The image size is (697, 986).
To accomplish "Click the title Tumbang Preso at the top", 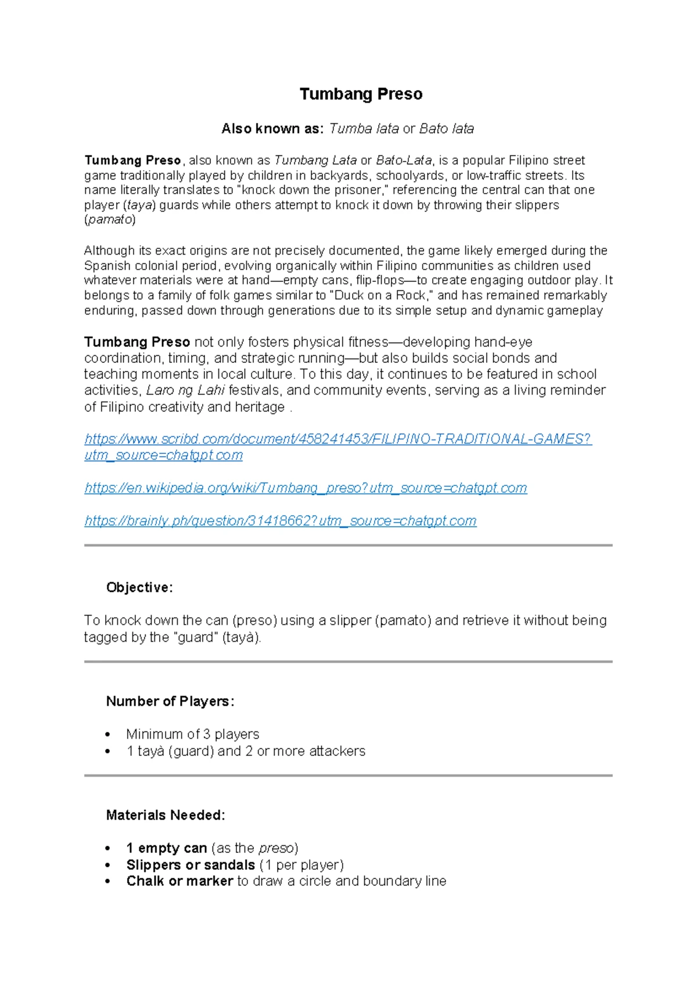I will [361, 94].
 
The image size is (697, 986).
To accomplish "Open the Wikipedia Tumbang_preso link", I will [306, 488].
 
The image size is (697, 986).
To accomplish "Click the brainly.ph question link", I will [281, 521].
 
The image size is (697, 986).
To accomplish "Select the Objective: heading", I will [139, 588].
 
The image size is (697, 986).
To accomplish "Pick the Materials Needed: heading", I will [166, 816].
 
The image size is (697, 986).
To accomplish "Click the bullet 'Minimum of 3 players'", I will [192, 734].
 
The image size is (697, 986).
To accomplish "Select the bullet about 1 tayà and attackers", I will [246, 751].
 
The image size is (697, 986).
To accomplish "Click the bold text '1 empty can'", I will [167, 848].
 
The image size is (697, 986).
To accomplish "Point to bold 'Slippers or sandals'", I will [191, 865].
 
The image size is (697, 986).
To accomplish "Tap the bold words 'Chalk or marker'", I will [179, 881].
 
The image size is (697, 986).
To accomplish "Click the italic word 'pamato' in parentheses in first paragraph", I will [110, 220].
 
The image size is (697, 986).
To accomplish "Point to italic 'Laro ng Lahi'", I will [185, 391].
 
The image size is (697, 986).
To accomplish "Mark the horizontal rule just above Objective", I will [348, 546].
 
